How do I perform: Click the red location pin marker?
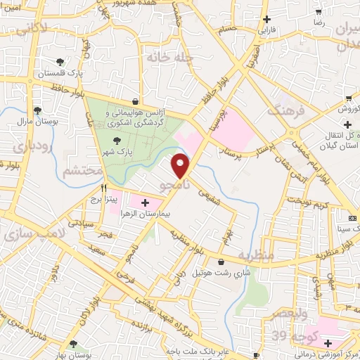[181, 166]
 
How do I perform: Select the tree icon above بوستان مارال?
[37, 110]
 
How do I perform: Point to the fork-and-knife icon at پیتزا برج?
[103, 188]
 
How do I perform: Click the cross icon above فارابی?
[266, 20]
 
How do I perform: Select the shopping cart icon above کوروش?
[349, 98]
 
